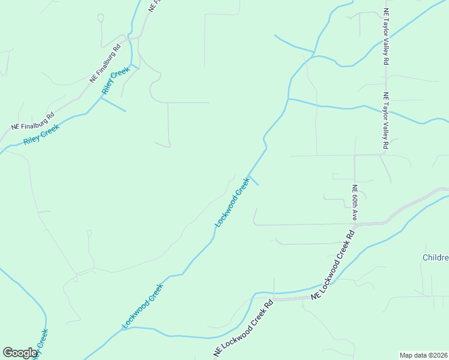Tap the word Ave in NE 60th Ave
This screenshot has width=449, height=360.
pyautogui.click(x=355, y=214)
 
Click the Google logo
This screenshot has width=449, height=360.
pyautogui.click(x=20, y=353)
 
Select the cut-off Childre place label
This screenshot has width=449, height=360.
pyautogui.click(x=435, y=257)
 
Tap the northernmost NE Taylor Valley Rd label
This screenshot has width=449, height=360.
pyautogui.click(x=387, y=37)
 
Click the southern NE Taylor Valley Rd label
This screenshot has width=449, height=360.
pyautogui.click(x=387, y=121)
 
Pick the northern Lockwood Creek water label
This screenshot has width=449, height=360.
pyautogui.click(x=232, y=202)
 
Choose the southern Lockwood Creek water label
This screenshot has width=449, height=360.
pyautogui.click(x=143, y=306)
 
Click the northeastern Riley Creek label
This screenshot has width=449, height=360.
pyautogui.click(x=116, y=82)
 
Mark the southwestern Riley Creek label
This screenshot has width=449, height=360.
pyautogui.click(x=41, y=135)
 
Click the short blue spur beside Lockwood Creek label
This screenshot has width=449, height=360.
pyautogui.click(x=254, y=181)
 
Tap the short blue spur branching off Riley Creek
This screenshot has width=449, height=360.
pyautogui.click(x=114, y=105)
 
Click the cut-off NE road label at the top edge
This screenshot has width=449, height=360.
pyautogui.click(x=155, y=6)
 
